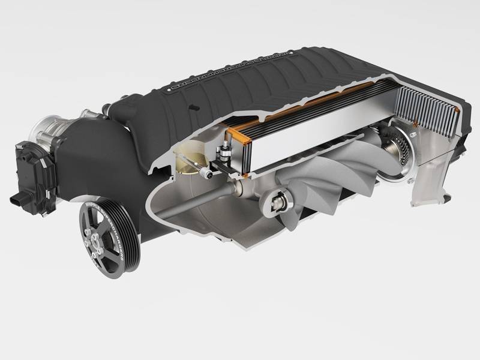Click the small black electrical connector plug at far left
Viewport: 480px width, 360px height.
(x=17, y=199)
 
